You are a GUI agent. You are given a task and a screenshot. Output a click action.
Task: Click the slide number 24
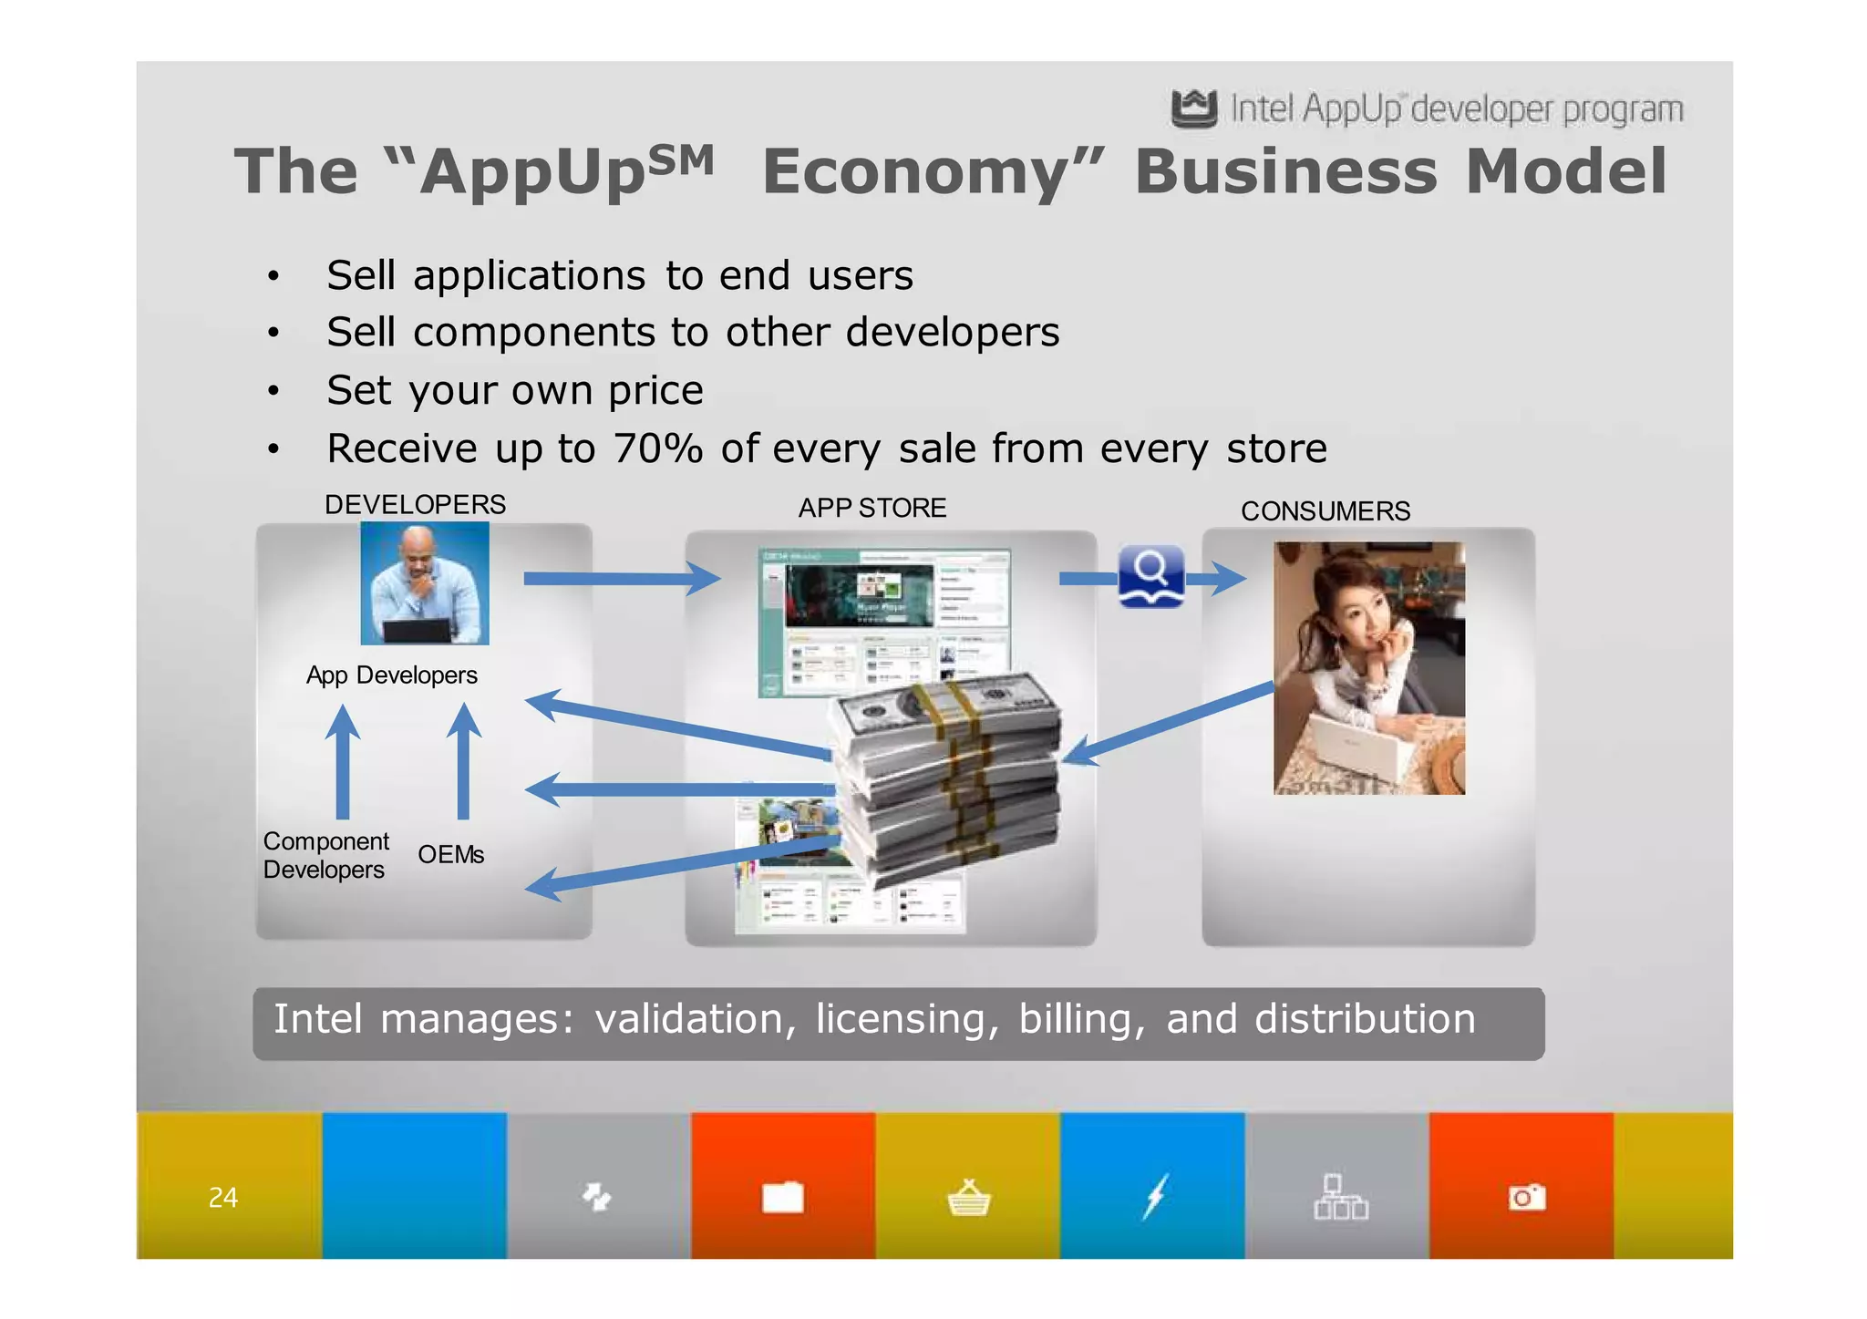222,1197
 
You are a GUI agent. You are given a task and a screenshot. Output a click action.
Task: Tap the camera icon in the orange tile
1526,1197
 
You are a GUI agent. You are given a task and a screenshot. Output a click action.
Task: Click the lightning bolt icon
1155,1197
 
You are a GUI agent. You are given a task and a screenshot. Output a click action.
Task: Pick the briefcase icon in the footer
783,1197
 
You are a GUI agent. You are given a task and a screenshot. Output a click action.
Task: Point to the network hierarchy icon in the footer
1340,1197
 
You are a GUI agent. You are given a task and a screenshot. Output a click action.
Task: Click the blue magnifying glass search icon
1150,575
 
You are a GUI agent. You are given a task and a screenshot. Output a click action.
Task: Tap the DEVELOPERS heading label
415,505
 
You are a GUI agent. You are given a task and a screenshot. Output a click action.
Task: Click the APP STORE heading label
872,508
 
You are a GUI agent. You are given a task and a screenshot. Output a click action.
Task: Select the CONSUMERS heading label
1325,511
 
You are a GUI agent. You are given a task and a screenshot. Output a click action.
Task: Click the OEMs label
450,855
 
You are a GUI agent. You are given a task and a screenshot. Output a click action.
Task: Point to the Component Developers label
325,855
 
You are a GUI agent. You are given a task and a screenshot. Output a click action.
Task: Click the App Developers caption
391,675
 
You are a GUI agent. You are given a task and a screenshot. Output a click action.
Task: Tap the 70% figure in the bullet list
657,448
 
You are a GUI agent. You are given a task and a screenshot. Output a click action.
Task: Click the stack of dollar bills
948,775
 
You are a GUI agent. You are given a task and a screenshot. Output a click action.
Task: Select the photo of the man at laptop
425,583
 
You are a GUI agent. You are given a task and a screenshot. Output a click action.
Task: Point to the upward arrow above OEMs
464,761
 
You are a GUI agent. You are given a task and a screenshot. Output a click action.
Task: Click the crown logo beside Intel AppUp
1193,108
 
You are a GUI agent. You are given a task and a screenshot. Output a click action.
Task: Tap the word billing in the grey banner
1080,1019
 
